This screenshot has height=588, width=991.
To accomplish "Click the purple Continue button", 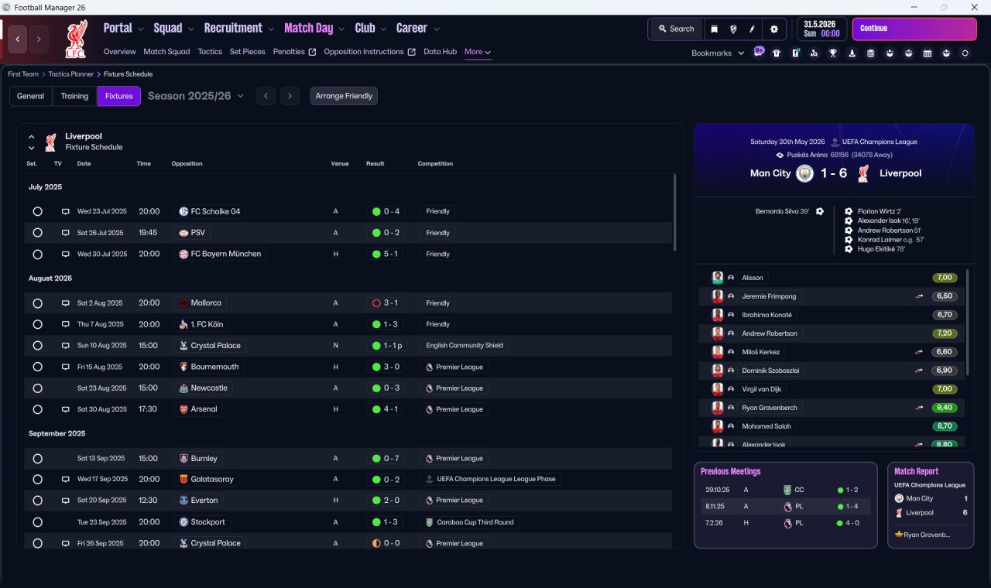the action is click(x=914, y=29).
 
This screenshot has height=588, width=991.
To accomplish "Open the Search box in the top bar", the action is click(x=677, y=29).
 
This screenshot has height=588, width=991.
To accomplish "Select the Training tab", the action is click(x=74, y=96).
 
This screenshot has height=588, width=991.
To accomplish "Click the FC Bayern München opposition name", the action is click(x=225, y=254).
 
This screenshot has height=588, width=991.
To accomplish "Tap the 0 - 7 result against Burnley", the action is click(x=386, y=459).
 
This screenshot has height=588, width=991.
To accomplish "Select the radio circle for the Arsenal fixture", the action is click(x=38, y=409).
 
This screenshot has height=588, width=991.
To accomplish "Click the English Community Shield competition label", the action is click(x=465, y=345).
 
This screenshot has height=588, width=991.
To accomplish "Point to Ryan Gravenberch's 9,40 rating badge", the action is click(x=944, y=408).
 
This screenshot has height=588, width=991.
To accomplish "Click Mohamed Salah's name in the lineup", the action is click(x=766, y=426).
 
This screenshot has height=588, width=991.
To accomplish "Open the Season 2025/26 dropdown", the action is click(x=196, y=96).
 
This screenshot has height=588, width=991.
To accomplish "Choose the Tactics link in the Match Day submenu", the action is click(x=210, y=52).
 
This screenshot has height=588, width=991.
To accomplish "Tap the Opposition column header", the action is click(x=187, y=163).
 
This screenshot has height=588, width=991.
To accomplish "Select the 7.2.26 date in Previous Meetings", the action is click(x=714, y=522).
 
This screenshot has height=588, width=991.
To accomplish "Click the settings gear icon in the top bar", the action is click(x=773, y=29).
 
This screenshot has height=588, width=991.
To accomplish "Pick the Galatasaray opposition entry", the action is click(x=212, y=479).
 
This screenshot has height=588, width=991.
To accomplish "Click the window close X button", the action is click(x=974, y=7).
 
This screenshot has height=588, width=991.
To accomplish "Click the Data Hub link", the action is click(x=441, y=52).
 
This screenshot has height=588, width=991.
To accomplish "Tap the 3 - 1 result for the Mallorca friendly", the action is click(x=386, y=303).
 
